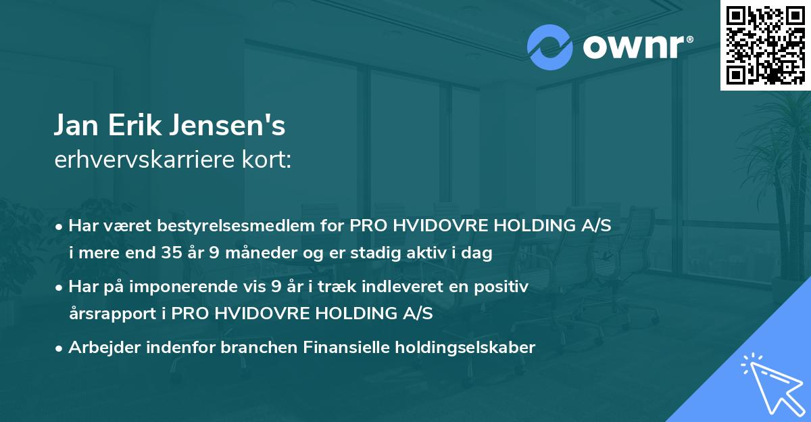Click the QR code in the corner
click(x=766, y=45)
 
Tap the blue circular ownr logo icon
click(x=550, y=47)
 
